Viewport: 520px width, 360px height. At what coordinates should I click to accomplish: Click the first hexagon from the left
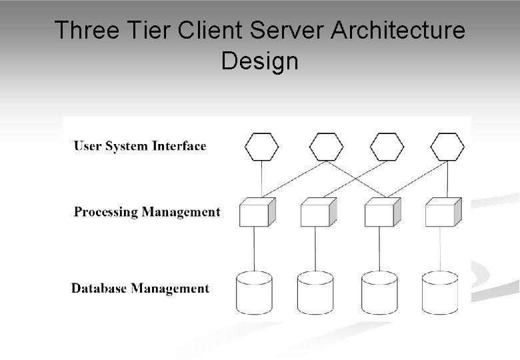(x=261, y=147)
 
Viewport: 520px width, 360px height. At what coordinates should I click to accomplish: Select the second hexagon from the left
(x=327, y=147)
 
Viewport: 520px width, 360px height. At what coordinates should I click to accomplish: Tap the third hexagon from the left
(x=387, y=147)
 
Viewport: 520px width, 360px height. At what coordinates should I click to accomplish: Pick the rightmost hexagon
(x=447, y=147)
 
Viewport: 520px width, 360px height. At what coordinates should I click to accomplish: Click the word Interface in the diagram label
(x=179, y=146)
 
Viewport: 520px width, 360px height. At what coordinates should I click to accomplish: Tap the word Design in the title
(x=260, y=61)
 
